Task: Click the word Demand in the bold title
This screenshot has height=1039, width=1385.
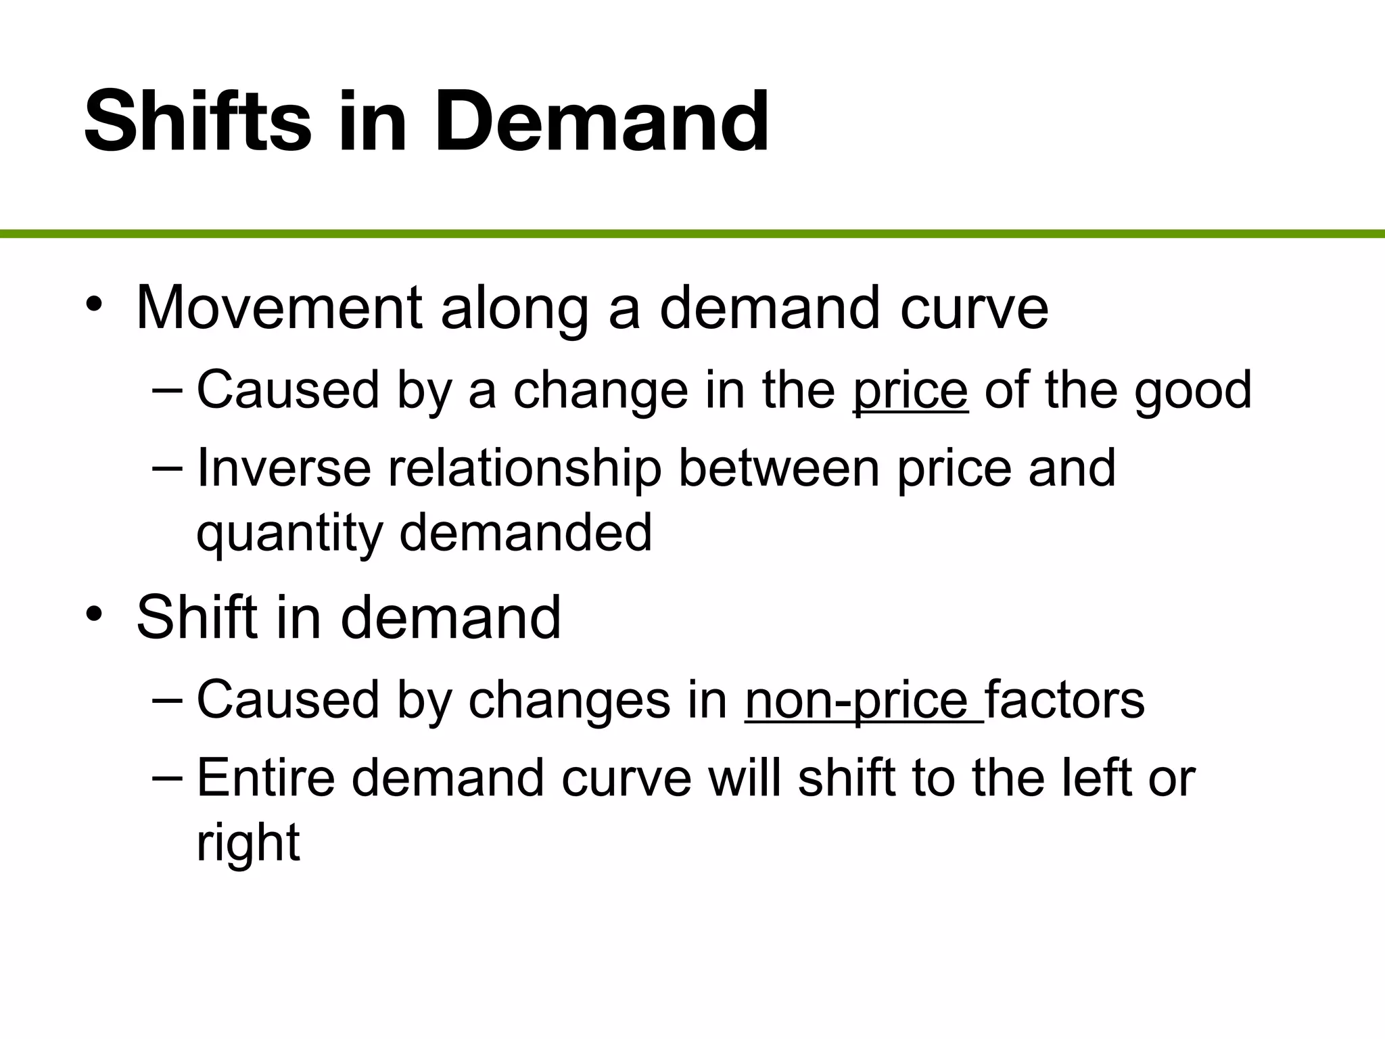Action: tap(601, 122)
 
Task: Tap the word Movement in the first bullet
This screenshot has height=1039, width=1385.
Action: tap(279, 308)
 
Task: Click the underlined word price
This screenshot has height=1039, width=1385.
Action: tap(910, 391)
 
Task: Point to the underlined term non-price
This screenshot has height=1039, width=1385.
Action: tap(863, 700)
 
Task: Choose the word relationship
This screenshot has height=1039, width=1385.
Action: tap(524, 469)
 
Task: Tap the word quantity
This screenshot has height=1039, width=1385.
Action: tap(289, 533)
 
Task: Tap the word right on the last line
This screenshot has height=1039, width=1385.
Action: tap(248, 843)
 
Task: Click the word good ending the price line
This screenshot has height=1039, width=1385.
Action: tap(1193, 391)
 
